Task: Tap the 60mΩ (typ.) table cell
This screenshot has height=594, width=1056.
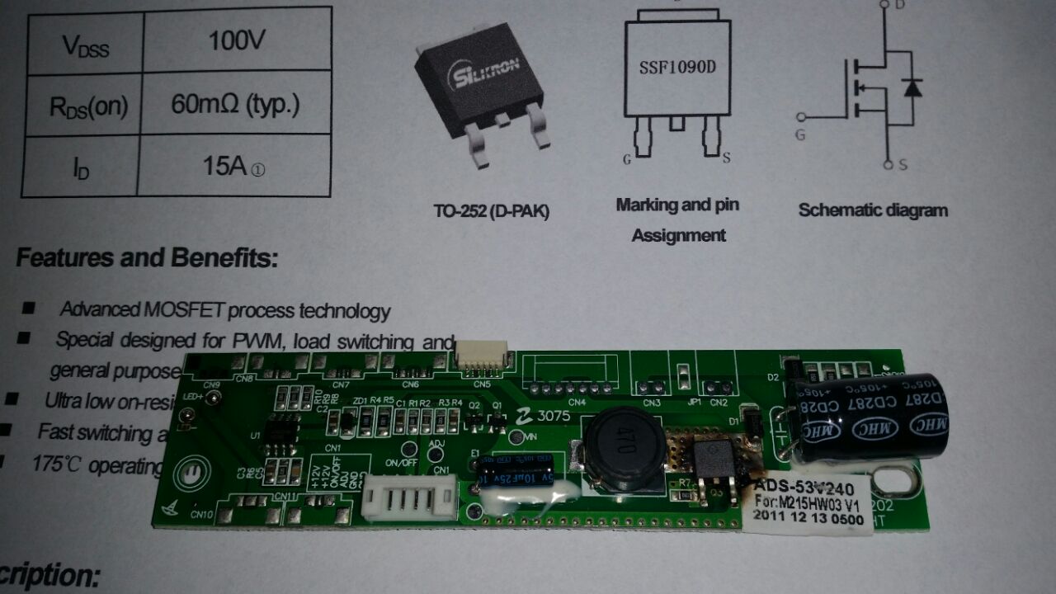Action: click(235, 105)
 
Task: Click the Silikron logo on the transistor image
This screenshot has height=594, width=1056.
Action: click(481, 76)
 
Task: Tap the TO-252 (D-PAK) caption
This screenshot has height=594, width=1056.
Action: click(492, 211)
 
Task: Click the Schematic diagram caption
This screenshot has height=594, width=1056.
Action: click(873, 210)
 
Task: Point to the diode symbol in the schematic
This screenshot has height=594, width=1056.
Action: click(912, 87)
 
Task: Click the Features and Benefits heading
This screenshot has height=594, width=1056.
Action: click(147, 258)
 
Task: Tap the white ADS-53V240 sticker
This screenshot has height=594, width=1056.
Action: click(805, 500)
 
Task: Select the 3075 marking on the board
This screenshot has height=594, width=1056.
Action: click(551, 417)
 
